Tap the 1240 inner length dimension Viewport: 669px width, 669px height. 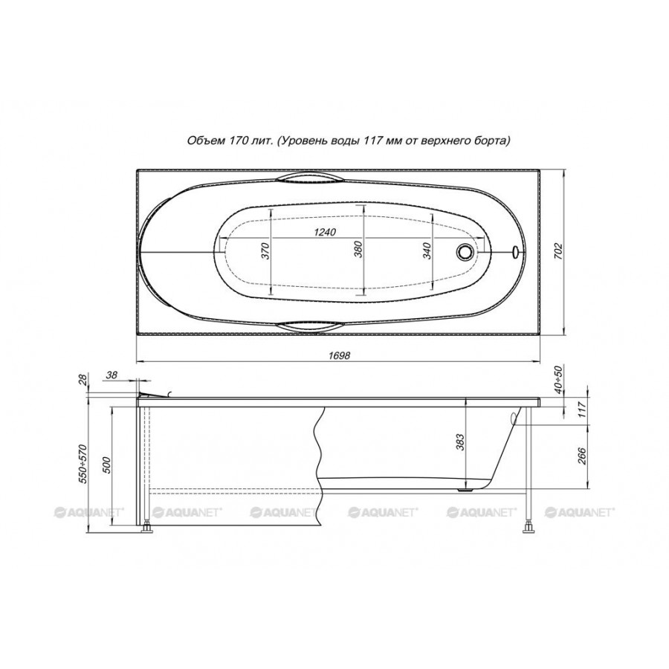coord(325,232)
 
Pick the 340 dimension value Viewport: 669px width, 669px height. coord(427,250)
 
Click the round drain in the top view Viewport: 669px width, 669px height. coord(465,251)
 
